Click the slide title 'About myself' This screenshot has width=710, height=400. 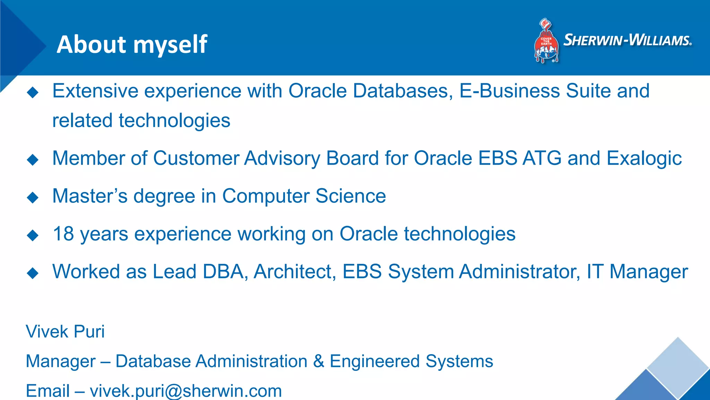pos(132,44)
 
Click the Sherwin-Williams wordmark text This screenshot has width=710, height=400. pos(627,40)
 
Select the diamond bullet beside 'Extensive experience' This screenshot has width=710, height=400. pos(33,92)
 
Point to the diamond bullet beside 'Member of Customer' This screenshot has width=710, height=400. pos(33,160)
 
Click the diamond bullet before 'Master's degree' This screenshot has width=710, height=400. pos(33,198)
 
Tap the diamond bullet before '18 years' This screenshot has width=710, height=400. pos(33,235)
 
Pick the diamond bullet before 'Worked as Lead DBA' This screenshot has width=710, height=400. pos(33,273)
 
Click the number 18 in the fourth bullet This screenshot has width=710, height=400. pos(63,234)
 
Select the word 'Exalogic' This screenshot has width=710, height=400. pos(644,159)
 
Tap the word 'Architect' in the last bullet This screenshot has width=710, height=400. pos(295,272)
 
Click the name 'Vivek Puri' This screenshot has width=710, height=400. pos(65,332)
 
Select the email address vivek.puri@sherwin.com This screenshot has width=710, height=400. pos(186,391)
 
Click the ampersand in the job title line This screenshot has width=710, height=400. pos(319,361)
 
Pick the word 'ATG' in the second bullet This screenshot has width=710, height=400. pos(542,158)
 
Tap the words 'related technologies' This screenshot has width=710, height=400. pos(141,120)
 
